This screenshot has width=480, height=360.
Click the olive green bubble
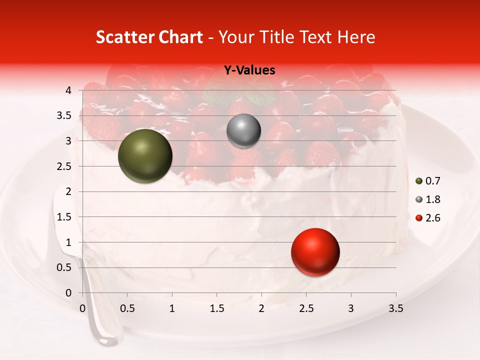click(145, 156)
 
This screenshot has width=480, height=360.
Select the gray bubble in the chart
click(243, 131)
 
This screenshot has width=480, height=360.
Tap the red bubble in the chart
click(315, 252)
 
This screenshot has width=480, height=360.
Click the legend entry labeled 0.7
click(427, 181)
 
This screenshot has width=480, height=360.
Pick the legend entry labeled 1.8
click(427, 199)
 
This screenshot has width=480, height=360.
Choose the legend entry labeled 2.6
click(427, 218)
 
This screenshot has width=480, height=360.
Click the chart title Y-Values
click(249, 70)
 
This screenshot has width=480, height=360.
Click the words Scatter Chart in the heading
click(149, 37)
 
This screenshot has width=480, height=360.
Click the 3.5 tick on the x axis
click(395, 308)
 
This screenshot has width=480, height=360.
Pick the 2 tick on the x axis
click(261, 308)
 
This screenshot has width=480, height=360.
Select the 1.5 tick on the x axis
click(216, 308)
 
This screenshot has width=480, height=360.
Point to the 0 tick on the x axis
click(82, 308)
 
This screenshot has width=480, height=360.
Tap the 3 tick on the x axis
click(351, 308)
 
